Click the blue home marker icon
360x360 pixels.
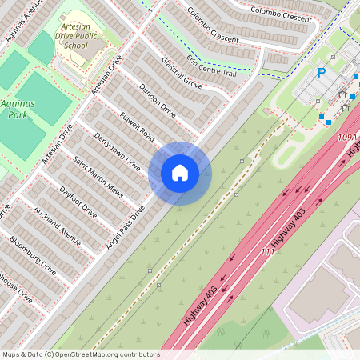(x=180, y=173)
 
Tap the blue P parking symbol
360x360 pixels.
(x=322, y=73)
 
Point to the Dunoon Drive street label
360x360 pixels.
(x=157, y=100)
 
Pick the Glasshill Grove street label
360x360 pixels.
(x=182, y=72)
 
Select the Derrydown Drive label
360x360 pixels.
(x=117, y=150)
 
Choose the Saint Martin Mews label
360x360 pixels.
(x=98, y=177)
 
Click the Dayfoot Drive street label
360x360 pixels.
(x=78, y=202)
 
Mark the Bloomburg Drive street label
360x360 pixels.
(x=33, y=250)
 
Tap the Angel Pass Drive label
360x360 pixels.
(x=126, y=228)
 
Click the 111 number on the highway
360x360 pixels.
(x=269, y=252)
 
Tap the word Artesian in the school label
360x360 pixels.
(x=78, y=26)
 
